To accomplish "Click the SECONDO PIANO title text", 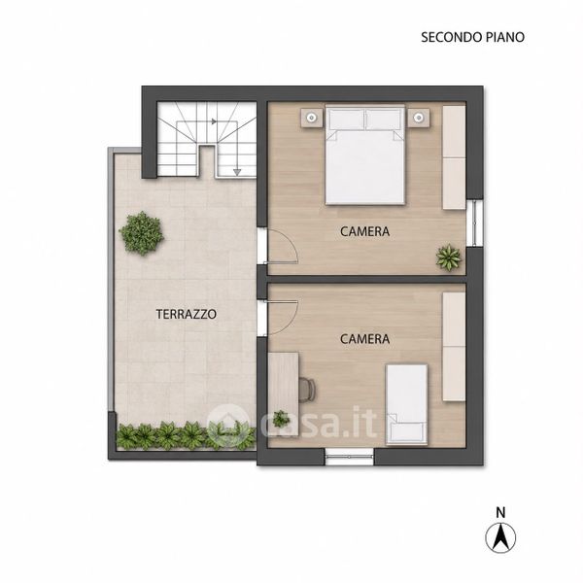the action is coord(472,37).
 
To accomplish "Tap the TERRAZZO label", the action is coord(186,314).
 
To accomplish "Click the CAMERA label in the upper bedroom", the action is coord(364,231).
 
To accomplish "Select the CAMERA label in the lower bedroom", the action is coord(364,339).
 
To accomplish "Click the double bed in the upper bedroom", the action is coord(364,154).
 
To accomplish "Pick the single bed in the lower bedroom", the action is coord(406,404).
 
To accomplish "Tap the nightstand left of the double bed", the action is coord(311,118).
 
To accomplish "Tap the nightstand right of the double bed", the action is coord(419,118).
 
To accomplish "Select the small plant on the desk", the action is coord(281,419).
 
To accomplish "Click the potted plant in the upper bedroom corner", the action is coord(449,257).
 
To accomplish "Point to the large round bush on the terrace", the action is coord(142,233).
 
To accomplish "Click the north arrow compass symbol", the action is coord(500,537).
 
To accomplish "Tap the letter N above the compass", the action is coord(500,512).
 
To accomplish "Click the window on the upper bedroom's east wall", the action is coord(475,223).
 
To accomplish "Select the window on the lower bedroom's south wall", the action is coord(349,457).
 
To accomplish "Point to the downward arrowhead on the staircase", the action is coord(237,172).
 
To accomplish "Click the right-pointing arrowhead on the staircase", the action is coord(214,121).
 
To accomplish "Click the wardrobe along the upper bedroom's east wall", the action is coord(454,157).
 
